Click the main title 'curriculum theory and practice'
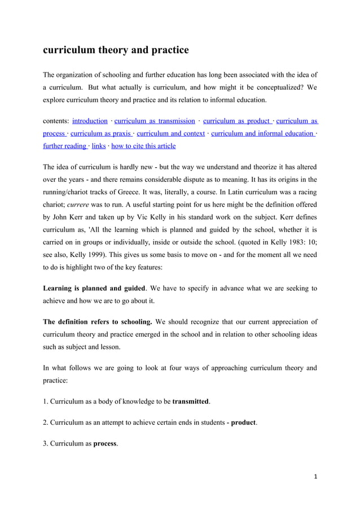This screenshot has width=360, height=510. [116, 50]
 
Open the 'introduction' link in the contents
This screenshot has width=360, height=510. [90, 121]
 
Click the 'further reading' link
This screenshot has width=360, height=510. [64, 146]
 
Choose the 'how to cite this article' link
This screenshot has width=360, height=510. [143, 146]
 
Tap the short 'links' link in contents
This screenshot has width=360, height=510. [99, 146]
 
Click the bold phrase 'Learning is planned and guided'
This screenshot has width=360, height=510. [94, 289]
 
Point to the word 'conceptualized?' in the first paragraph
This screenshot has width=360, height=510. [274, 88]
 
